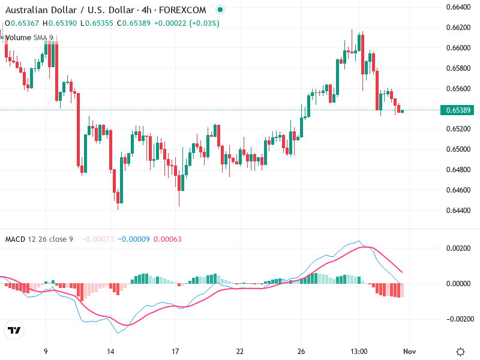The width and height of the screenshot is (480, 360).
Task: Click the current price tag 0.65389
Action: (458, 110)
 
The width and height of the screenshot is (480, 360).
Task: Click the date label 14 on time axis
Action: (110, 351)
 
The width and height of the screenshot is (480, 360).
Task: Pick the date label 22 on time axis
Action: (240, 351)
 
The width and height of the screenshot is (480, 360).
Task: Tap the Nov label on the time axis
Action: (409, 351)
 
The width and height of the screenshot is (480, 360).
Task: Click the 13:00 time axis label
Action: (359, 351)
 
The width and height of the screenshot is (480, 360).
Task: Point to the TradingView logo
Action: (14, 331)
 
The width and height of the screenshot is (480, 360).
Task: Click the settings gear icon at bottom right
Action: (461, 352)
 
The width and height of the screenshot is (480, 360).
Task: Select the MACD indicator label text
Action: (15, 239)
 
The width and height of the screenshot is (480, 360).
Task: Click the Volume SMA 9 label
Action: (29, 38)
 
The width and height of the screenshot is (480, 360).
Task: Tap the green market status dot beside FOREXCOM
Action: (220, 10)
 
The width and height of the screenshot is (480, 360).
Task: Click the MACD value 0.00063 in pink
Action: (167, 239)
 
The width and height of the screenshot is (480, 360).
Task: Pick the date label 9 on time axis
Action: (46, 351)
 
